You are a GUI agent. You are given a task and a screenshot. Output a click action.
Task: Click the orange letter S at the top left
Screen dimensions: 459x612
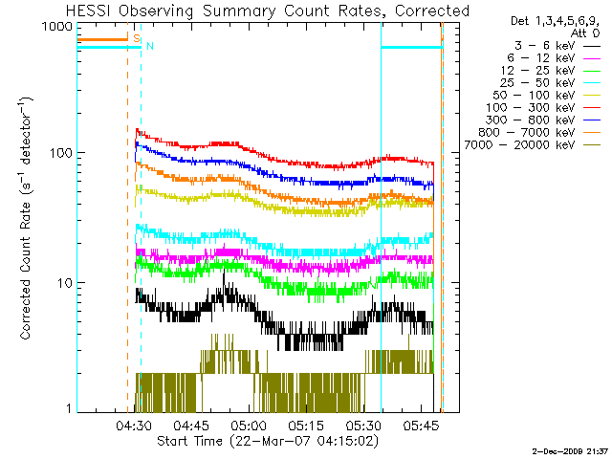(137, 38)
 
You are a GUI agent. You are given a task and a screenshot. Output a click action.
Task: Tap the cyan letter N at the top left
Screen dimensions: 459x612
(149, 46)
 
